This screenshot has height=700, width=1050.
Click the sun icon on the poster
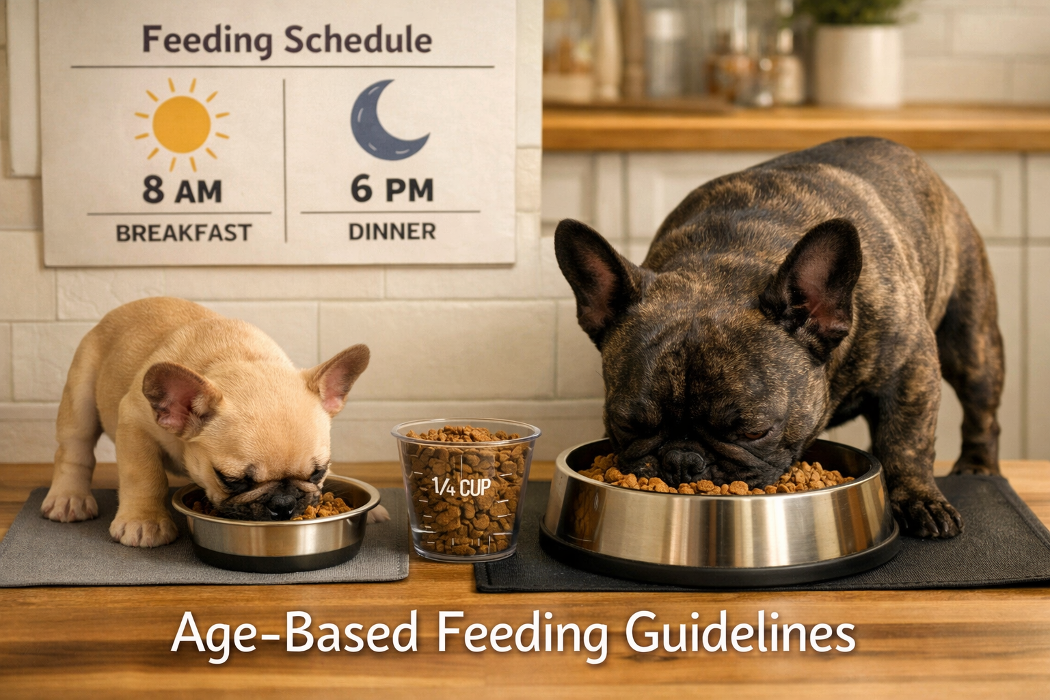point(181,124)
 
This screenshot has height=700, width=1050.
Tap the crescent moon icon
point(384,122)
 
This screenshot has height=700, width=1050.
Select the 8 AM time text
point(182,189)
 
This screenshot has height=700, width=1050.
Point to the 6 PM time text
point(392,189)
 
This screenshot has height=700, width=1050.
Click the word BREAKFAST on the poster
point(183,233)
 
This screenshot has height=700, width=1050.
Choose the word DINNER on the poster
point(392,232)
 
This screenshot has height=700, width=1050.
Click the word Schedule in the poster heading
point(358,40)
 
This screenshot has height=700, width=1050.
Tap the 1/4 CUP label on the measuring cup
point(461,487)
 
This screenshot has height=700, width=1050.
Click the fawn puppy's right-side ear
point(340,376)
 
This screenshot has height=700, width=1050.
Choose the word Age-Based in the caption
point(295,634)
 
